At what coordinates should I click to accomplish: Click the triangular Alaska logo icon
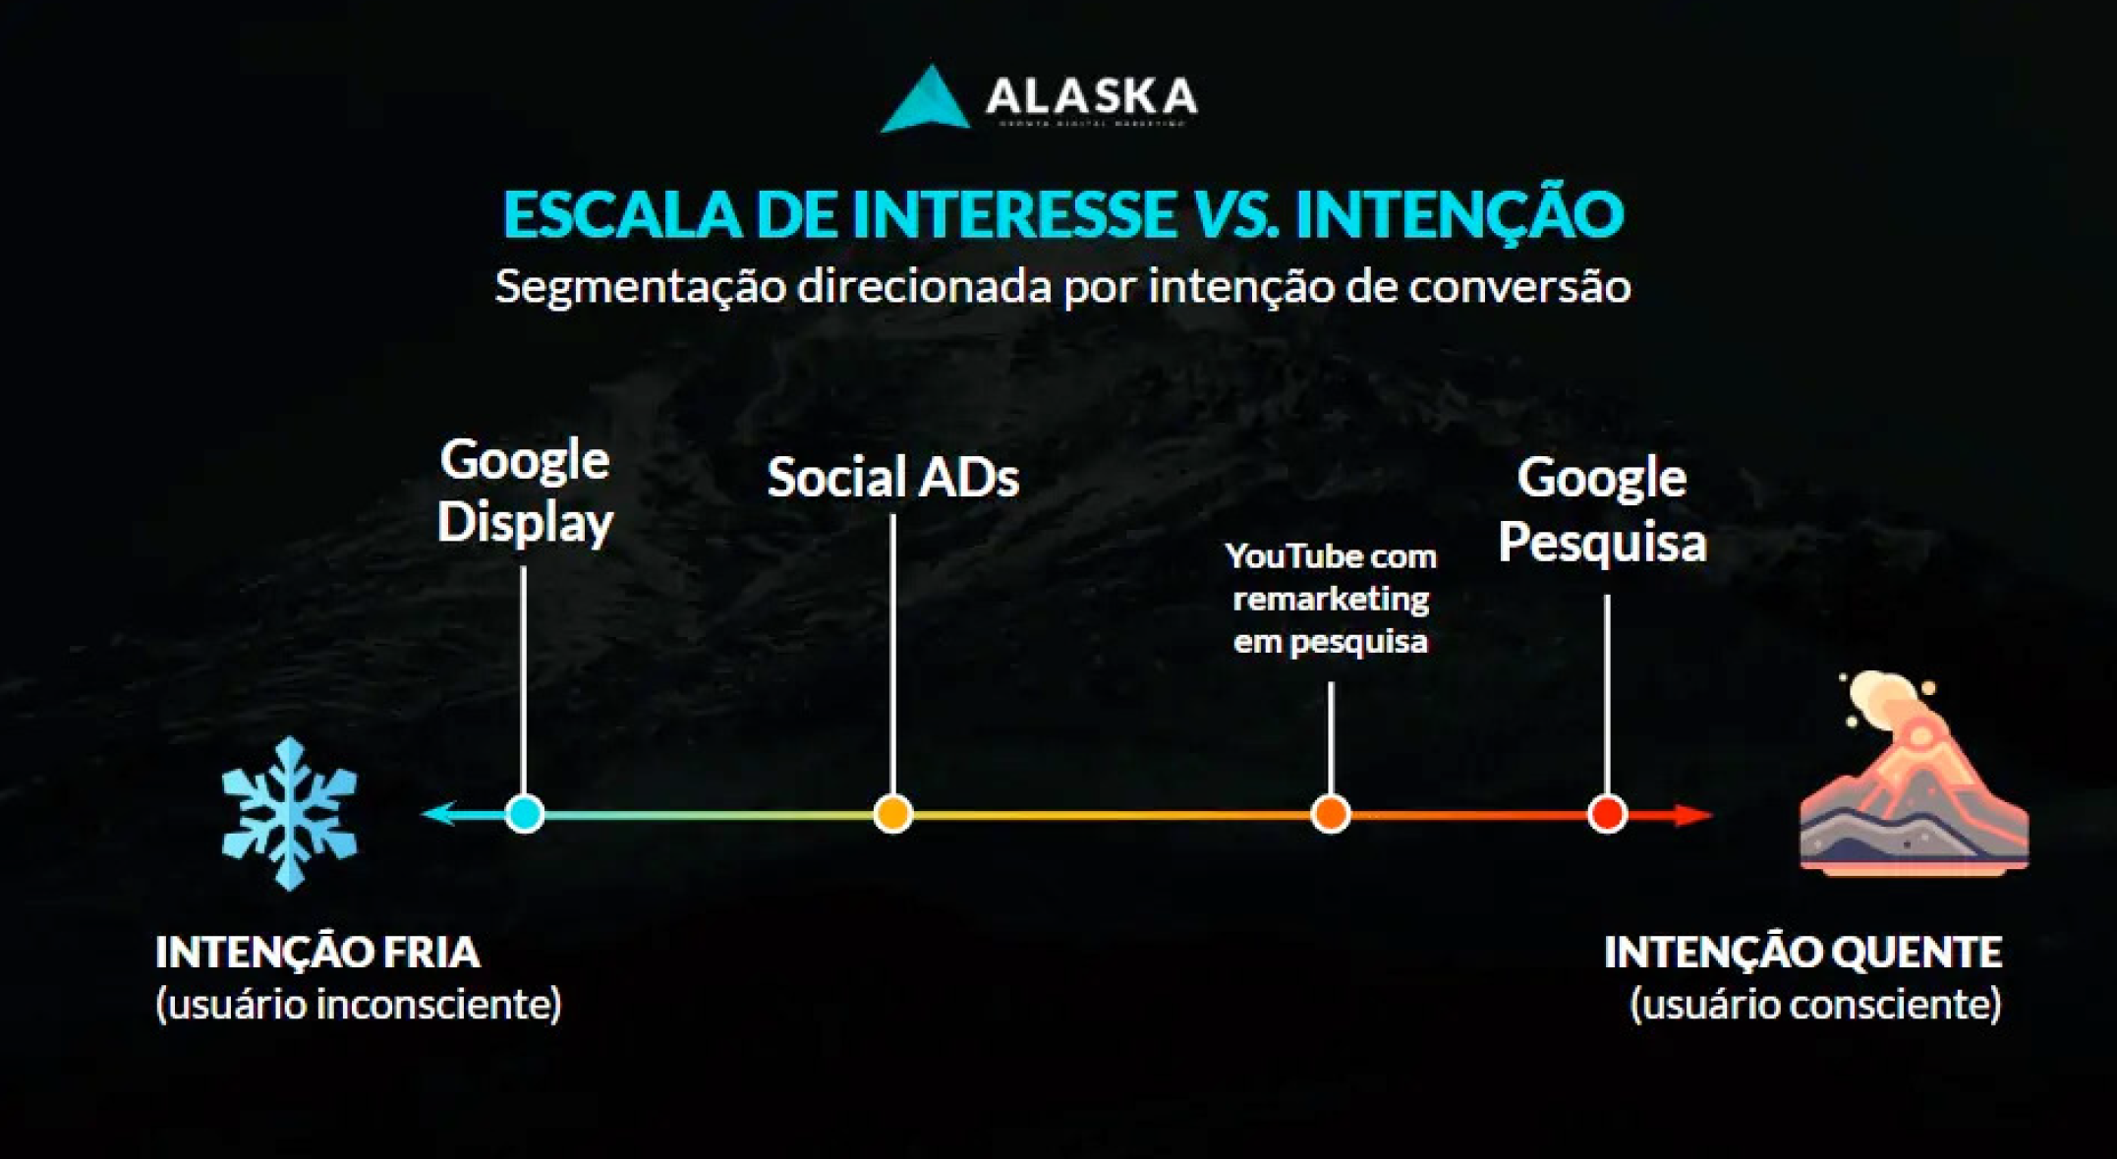[x=924, y=101]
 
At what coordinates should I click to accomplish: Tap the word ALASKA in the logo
[x=1091, y=96]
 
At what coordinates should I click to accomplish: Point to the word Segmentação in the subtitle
[x=640, y=286]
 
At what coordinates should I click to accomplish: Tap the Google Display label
[x=525, y=491]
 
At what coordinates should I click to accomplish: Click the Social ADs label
[x=892, y=478]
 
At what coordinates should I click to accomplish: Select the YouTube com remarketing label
[x=1331, y=599]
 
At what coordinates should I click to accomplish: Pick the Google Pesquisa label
[x=1602, y=509]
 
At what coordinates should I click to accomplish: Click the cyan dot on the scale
[x=524, y=814]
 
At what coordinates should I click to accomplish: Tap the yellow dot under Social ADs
[x=892, y=814]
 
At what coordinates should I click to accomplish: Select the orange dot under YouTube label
[x=1330, y=814]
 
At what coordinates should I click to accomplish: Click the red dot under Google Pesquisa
[x=1607, y=814]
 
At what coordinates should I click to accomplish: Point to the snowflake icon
[x=289, y=814]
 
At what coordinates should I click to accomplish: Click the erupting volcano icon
[x=1912, y=777]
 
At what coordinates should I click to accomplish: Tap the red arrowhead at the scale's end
[x=1692, y=815]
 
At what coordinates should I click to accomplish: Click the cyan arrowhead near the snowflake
[x=439, y=814]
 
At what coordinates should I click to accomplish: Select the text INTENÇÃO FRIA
[x=317, y=952]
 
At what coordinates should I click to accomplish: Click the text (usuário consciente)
[x=1814, y=1005]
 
